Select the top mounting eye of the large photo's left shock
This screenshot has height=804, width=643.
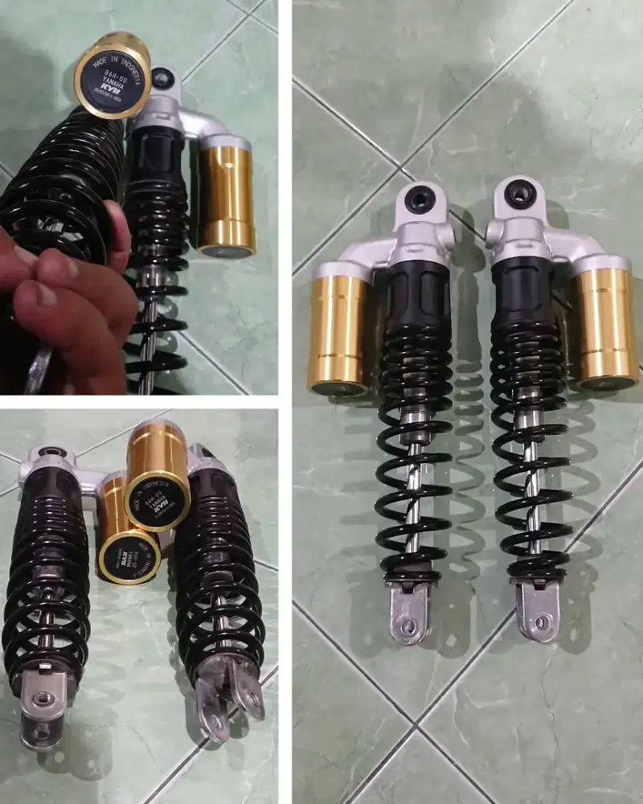[420, 198]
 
